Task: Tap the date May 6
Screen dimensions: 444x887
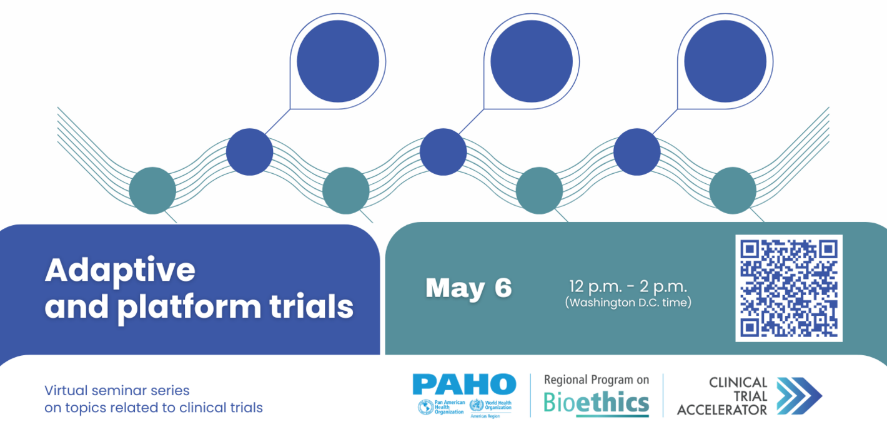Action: click(468, 288)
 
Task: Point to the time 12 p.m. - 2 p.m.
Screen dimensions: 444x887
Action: click(628, 287)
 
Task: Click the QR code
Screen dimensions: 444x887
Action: click(788, 288)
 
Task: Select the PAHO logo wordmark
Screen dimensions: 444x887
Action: click(464, 384)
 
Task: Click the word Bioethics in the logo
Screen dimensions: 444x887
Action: click(596, 403)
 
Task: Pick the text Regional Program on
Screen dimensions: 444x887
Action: click(596, 380)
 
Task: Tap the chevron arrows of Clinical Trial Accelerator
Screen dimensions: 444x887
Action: click(799, 396)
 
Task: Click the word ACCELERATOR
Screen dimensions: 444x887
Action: click(721, 410)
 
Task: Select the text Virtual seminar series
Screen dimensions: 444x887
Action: click(117, 391)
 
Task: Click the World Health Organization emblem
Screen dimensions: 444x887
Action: click(476, 405)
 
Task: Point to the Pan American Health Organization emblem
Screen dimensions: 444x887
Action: click(425, 406)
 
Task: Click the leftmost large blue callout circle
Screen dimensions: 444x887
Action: click(337, 61)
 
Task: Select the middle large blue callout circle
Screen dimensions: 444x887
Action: click(531, 61)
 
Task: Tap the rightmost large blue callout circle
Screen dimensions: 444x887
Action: click(725, 61)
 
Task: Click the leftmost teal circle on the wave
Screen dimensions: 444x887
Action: click(152, 191)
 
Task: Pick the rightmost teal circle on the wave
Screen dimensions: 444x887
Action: click(733, 191)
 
